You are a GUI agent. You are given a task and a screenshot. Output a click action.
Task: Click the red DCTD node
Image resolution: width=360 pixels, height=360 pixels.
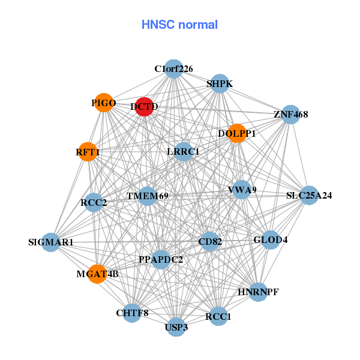coord(144,107)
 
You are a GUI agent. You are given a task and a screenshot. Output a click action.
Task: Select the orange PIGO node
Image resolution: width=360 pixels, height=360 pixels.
coord(104,103)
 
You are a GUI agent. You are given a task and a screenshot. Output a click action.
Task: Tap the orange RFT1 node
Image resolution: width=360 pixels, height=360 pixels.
coord(88,152)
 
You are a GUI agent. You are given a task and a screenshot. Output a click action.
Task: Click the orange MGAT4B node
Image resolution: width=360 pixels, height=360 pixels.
coord(97,274)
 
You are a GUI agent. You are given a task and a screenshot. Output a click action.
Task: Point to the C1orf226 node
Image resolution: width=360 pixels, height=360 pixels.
coord(173,69)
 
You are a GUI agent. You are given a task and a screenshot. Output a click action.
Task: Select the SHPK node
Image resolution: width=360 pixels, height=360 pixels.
coord(220,83)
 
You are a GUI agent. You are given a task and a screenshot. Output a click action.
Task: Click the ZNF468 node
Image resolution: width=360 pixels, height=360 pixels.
coord(290,114)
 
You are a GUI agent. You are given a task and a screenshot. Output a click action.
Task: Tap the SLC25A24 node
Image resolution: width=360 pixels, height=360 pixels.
coord(309,195)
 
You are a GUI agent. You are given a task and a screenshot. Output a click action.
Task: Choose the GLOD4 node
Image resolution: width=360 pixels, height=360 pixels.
coord(271,240)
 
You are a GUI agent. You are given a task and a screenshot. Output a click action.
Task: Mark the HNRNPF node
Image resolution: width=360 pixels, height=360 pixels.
coord(258,292)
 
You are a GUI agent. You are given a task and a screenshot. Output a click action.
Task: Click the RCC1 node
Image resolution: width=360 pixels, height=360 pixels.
coord(218,316)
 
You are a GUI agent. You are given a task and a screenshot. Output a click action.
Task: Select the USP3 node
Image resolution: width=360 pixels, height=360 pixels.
coord(176,327)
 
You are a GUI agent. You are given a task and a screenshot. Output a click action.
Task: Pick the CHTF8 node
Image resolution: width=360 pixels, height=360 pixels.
coord(132,313)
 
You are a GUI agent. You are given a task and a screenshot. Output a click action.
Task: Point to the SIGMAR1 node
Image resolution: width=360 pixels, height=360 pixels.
coord(51,242)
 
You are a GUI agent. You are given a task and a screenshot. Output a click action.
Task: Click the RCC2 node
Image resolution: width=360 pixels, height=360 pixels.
coord(94,203)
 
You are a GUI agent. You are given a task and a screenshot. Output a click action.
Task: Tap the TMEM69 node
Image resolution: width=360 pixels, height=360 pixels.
coord(148,196)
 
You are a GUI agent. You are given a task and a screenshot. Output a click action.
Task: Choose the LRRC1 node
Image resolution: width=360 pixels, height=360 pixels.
coord(183,152)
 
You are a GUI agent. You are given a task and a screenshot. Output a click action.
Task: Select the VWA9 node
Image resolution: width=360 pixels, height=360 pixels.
coord(242,190)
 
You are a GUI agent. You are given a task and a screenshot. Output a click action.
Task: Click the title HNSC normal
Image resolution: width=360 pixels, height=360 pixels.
coord(179,25)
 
